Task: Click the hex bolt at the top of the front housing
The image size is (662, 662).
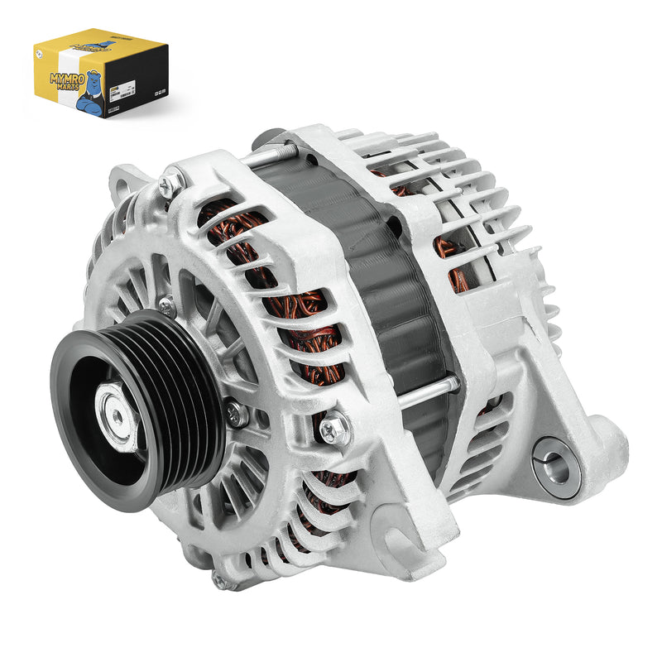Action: coord(171,182)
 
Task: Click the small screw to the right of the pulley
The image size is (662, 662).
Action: coord(237,413)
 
